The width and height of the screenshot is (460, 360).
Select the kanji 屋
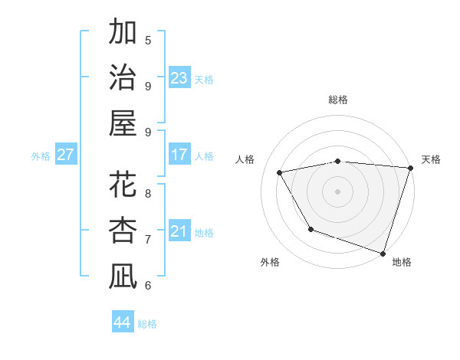coord(123,123)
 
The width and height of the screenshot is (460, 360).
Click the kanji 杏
coord(123,231)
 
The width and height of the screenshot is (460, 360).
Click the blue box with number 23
coord(179,78)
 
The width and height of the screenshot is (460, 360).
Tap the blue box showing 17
coord(179,155)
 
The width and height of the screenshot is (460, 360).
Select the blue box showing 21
coord(179,231)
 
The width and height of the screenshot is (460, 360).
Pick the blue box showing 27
coord(65,155)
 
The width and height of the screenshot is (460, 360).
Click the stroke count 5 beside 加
coord(148,40)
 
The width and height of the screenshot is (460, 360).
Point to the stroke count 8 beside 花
coord(148,193)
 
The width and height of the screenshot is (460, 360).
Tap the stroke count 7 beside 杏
coord(148,239)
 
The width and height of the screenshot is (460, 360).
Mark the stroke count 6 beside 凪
coord(148,285)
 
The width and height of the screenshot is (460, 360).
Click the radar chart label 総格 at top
coord(338,100)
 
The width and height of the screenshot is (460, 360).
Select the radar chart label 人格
coord(246,159)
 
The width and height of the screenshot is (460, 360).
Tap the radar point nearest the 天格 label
coord(410,168)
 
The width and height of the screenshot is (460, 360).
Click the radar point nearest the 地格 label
coord(383,252)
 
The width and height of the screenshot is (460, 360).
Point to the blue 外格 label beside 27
coord(41,156)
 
